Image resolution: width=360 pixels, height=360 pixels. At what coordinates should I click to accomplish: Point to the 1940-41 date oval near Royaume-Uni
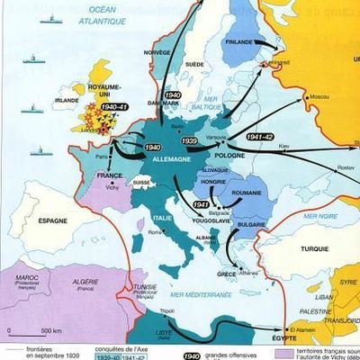(115, 108)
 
